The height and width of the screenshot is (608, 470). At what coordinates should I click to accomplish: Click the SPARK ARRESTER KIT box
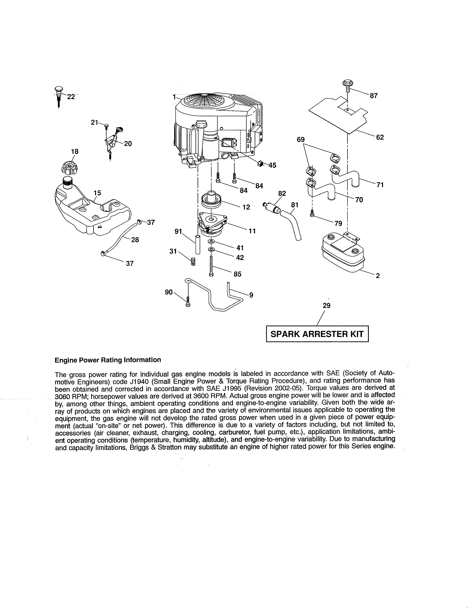(x=317, y=334)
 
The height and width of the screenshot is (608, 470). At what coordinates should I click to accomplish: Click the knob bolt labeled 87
(x=347, y=85)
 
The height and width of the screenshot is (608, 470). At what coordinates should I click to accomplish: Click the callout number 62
(x=380, y=137)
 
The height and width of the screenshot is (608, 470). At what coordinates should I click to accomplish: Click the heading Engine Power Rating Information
(x=108, y=360)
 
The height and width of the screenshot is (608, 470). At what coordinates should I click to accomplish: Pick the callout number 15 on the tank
(x=97, y=193)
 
